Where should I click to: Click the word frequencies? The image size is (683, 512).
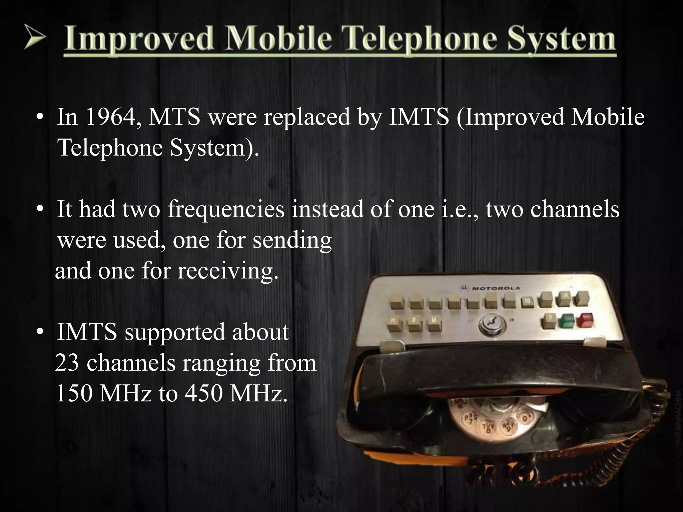pos(226,209)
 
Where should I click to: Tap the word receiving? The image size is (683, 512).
pos(227,271)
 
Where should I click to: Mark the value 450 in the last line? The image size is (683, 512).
pos(204,393)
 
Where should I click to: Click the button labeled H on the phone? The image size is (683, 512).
pos(393,321)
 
